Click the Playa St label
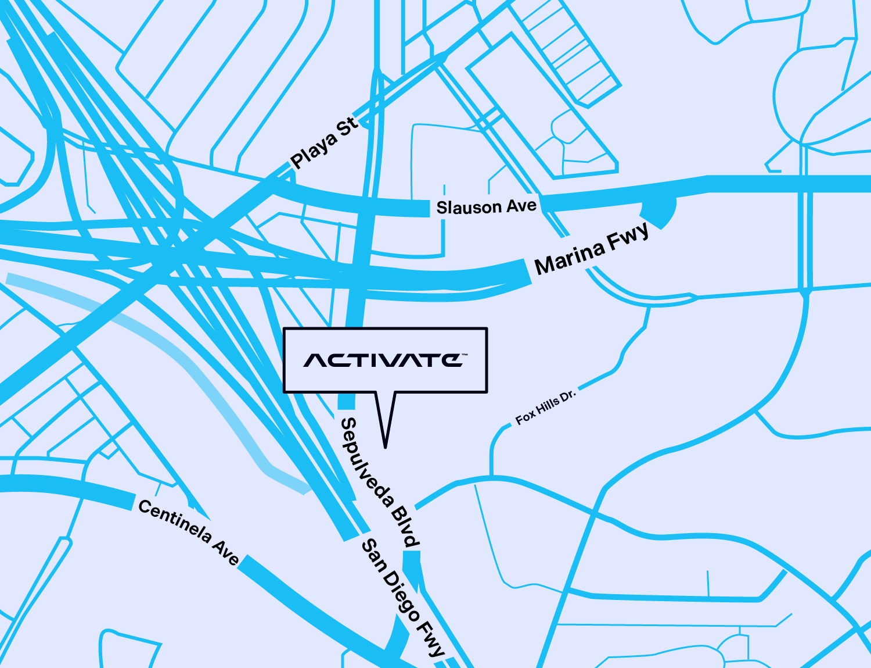click(324, 143)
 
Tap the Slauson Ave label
click(486, 207)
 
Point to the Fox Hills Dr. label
click(545, 407)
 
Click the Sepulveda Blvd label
click(379, 482)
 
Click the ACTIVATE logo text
click(384, 360)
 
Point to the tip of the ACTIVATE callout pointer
click(385, 447)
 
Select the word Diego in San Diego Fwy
click(401, 596)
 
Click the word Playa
click(314, 149)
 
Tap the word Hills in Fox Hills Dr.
click(546, 406)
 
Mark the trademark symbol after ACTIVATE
click(465, 354)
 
